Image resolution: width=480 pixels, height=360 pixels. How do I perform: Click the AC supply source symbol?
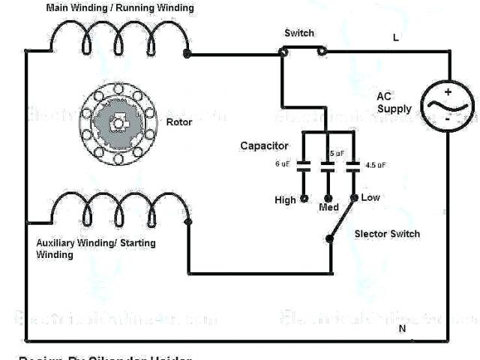click(446, 106)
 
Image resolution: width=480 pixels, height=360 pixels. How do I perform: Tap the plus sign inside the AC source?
click(447, 91)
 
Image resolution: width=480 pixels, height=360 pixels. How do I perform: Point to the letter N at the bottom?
click(401, 329)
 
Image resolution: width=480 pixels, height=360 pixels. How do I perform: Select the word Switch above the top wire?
click(299, 34)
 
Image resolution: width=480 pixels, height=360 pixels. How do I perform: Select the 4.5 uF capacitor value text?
click(376, 164)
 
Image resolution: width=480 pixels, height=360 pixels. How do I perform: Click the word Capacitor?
click(263, 145)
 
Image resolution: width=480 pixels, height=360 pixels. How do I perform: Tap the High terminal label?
click(286, 200)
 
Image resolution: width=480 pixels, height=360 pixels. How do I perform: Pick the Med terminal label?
click(328, 207)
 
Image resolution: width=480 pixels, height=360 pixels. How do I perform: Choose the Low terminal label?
click(370, 197)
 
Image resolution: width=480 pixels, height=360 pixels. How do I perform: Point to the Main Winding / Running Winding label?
click(120, 7)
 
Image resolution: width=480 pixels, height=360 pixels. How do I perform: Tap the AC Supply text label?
click(394, 103)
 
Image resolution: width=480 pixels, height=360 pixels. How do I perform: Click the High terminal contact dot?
click(304, 199)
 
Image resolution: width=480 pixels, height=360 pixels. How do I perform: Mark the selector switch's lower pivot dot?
click(329, 239)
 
